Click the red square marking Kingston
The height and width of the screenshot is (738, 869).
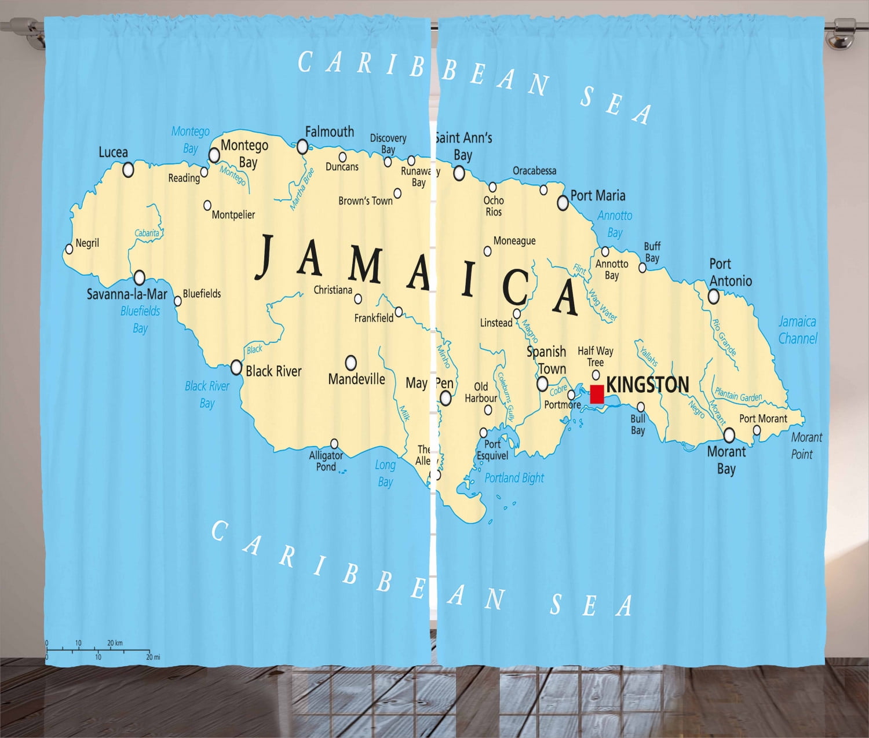597,394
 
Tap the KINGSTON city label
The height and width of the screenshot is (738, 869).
647,385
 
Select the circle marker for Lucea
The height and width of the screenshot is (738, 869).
128,170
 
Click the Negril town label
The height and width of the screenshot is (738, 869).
87,243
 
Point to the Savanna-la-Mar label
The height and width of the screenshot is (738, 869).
127,294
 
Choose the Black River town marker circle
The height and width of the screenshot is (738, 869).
236,367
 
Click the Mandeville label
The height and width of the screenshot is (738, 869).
356,379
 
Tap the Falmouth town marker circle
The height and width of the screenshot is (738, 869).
302,147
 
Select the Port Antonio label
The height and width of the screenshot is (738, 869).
730,272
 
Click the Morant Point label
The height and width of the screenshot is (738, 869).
806,445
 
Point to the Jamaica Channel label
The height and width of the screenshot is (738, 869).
797,330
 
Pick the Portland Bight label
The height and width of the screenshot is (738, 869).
514,478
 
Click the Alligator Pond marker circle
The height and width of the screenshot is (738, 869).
334,444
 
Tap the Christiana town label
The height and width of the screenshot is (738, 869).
333,290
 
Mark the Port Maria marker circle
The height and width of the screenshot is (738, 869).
563,203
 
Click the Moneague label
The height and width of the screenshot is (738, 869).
514,241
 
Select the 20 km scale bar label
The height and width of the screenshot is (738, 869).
115,642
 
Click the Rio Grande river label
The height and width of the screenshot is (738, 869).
724,337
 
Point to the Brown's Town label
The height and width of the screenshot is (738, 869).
365,201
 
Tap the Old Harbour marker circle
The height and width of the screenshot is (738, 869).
488,410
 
